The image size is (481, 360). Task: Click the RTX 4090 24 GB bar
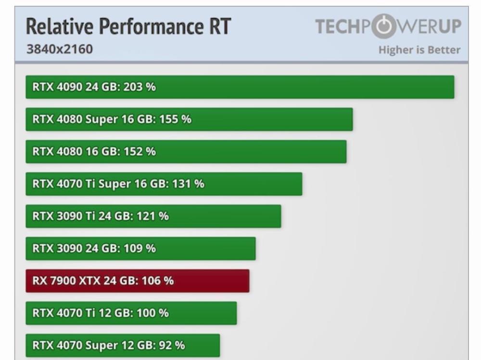[x=240, y=87]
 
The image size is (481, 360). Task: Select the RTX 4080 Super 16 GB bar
[x=189, y=119]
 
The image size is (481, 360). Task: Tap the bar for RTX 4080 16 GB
[x=186, y=151]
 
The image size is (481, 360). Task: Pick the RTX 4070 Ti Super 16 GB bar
[x=164, y=184]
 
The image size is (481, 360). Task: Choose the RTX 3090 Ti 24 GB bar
[x=153, y=216]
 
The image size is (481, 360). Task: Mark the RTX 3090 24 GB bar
[x=140, y=248]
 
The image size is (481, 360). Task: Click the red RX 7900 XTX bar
[x=137, y=281]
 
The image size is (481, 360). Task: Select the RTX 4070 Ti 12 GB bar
[x=131, y=313]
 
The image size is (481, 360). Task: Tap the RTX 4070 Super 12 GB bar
[x=123, y=346]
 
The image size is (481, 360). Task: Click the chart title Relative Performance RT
[x=128, y=27]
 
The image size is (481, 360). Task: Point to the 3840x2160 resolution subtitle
[x=59, y=49]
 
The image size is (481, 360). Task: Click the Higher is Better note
[x=419, y=50]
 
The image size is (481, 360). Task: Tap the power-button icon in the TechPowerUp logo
[x=383, y=27]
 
